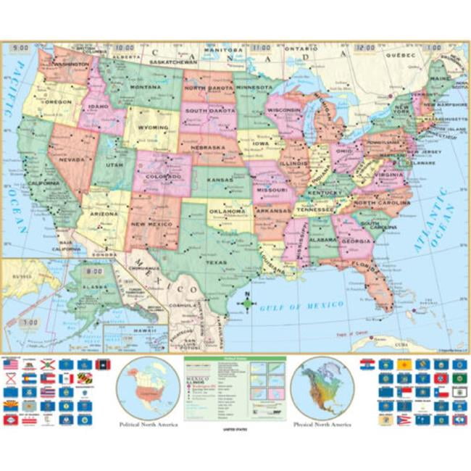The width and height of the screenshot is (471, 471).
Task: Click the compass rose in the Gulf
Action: pos(246,302)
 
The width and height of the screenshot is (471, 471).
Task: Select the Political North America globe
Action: pos(148,387)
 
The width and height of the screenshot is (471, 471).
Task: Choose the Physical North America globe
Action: pos(322,387)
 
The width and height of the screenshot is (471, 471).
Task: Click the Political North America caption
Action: pos(148,425)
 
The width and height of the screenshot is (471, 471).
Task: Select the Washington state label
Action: pos(70,64)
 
